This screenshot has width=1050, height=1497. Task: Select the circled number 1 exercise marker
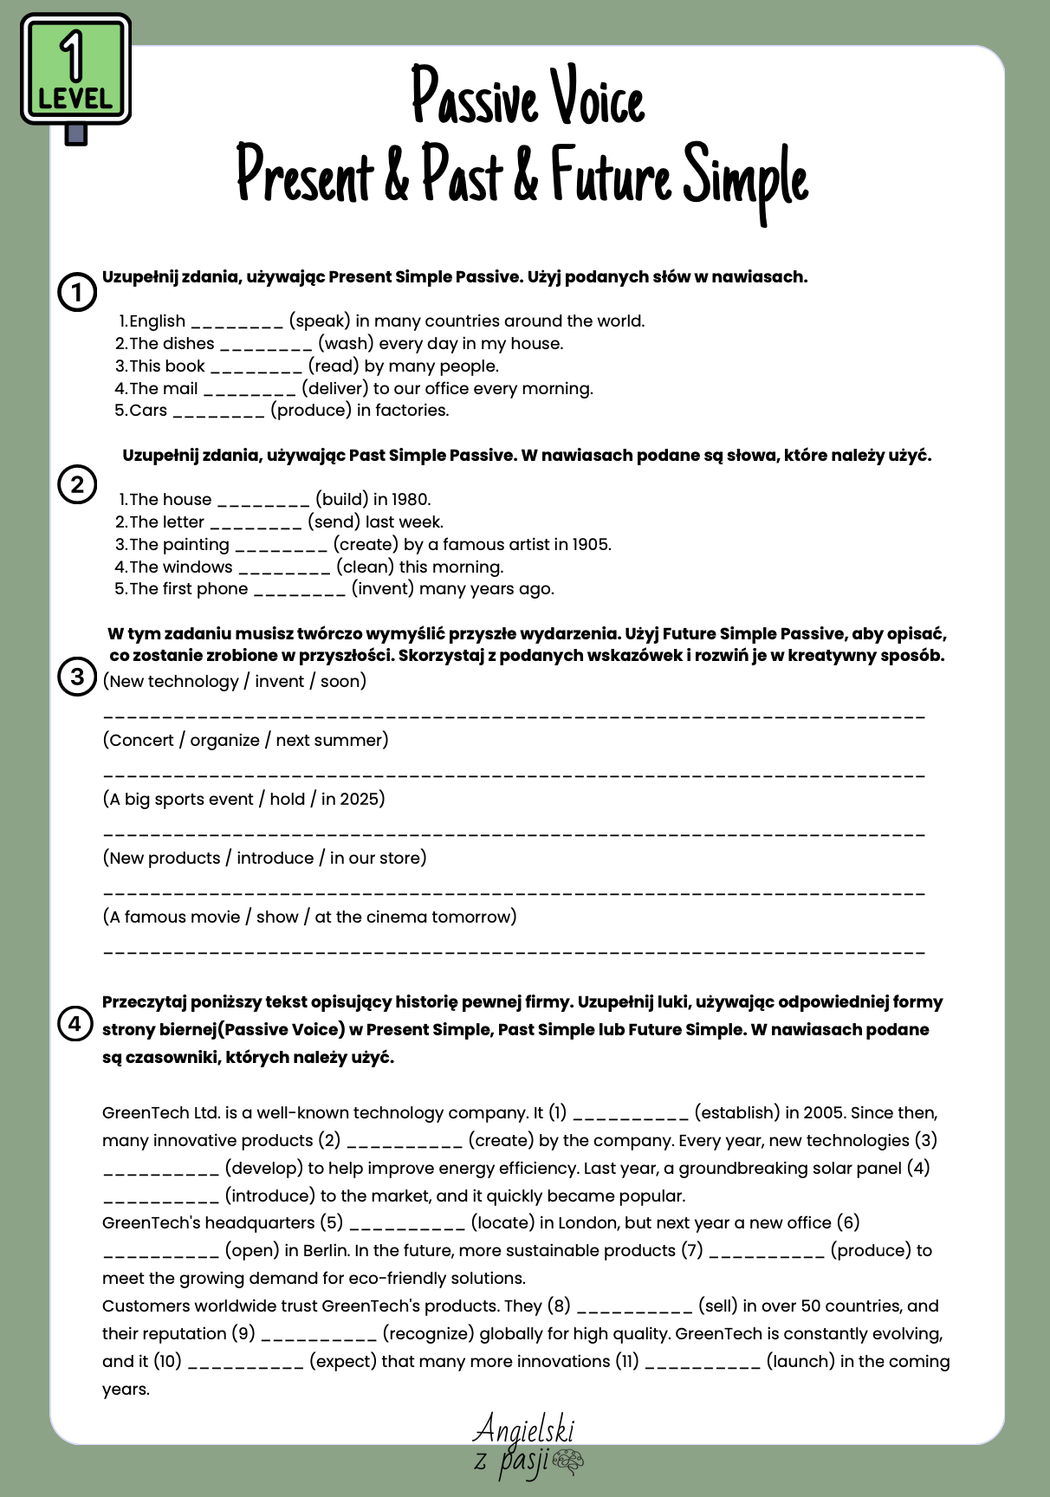(76, 293)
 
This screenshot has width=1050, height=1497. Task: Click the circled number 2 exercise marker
(76, 484)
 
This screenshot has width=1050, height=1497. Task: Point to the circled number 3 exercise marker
(76, 676)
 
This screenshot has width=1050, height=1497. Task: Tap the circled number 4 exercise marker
(75, 1024)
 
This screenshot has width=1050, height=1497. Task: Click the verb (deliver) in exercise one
(334, 389)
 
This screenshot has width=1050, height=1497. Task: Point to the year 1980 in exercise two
(411, 500)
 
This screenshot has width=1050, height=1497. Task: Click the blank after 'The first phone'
(300, 591)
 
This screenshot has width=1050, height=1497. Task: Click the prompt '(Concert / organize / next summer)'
(245, 741)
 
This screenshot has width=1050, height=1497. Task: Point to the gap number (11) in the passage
(627, 1362)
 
